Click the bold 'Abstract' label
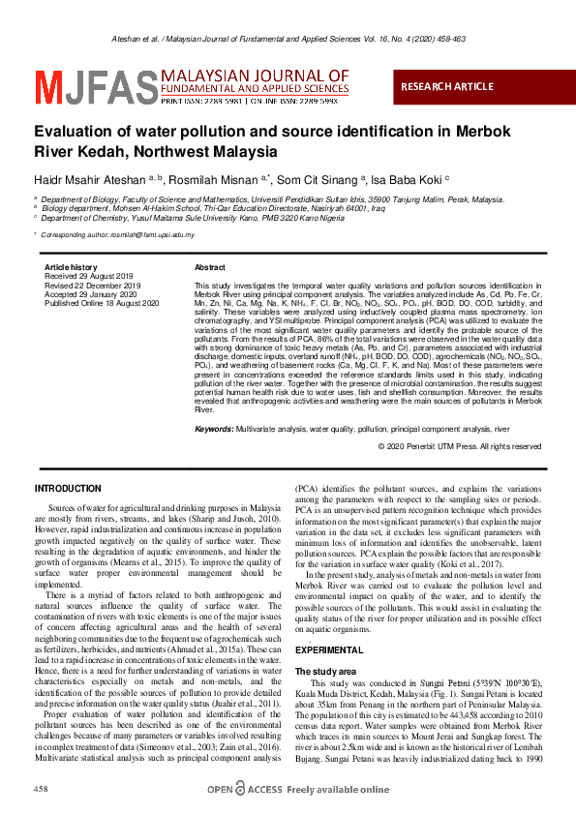[x=210, y=267]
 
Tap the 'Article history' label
[x=71, y=267]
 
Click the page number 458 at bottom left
[x=42, y=790]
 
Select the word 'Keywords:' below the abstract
[x=214, y=428]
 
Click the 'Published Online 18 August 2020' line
[x=101, y=302]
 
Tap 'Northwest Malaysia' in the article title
[x=211, y=152]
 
